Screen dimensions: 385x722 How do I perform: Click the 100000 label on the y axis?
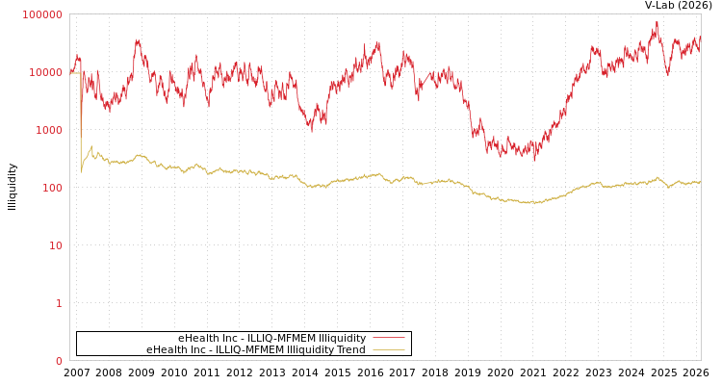[42, 14]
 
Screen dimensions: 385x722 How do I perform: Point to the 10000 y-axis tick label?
[45, 72]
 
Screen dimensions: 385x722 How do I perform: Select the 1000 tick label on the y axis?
[48, 130]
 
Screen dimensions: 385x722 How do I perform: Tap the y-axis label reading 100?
[51, 188]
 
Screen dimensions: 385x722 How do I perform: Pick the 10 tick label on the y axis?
[55, 245]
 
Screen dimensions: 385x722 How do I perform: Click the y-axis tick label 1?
[59, 303]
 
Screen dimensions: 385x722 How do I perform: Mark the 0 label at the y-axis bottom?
[59, 361]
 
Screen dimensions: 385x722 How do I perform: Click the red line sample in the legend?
[388, 338]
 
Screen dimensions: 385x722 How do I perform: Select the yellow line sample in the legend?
[388, 349]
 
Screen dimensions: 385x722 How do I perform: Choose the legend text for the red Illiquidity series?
[271, 338]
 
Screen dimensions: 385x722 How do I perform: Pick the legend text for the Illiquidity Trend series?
[256, 349]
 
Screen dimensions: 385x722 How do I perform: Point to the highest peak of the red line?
[658, 22]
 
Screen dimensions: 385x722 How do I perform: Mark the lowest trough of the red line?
[535, 160]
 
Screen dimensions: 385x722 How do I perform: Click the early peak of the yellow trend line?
[91, 147]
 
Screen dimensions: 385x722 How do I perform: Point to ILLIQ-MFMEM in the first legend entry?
[279, 338]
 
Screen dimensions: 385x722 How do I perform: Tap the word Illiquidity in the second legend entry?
[311, 349]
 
